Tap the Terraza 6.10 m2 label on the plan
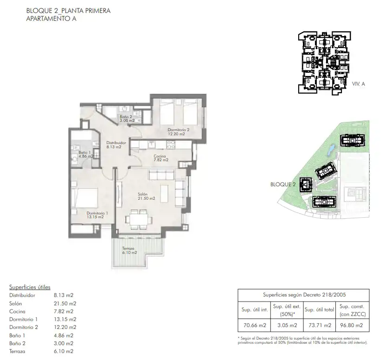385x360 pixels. (x=129, y=250)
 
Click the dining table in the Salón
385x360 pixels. (x=139, y=220)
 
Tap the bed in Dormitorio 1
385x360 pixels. (x=84, y=198)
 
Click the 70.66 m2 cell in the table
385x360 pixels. (x=255, y=325)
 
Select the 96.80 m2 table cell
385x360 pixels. (x=351, y=325)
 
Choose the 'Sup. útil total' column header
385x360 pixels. (x=319, y=309)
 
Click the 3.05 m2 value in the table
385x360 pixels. (x=287, y=325)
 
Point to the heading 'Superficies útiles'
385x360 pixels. (x=30, y=287)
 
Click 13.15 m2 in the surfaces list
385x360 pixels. (x=65, y=319)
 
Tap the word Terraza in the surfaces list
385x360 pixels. (x=17, y=351)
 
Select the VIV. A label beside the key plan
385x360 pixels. (x=359, y=84)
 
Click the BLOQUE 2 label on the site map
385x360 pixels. (x=283, y=184)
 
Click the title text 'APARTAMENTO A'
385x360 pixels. (x=51, y=19)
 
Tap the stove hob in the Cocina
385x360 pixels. (x=171, y=145)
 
